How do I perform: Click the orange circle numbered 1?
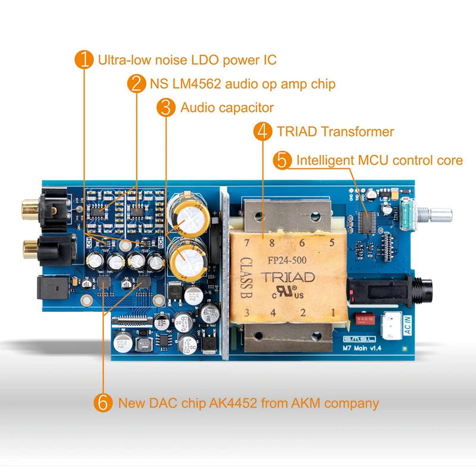(x=86, y=59)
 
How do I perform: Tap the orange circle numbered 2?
(x=137, y=83)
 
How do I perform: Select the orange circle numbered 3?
(x=167, y=107)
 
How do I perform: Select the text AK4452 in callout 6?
(x=234, y=403)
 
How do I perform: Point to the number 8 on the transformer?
(x=272, y=243)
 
